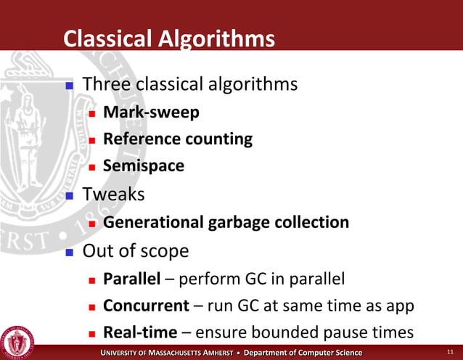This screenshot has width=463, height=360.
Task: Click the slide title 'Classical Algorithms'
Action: (x=169, y=38)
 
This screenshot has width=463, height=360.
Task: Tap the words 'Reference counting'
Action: (x=178, y=139)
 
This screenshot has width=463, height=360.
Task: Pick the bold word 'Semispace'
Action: (x=144, y=165)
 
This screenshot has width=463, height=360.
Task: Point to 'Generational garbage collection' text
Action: (x=226, y=222)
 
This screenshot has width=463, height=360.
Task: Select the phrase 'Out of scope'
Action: (x=136, y=250)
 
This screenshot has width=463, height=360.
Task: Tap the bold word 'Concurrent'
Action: (x=145, y=306)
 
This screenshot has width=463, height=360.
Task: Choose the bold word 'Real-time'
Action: (x=140, y=332)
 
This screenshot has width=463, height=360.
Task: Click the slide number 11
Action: (x=450, y=353)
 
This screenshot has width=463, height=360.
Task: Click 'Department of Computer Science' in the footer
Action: (x=303, y=353)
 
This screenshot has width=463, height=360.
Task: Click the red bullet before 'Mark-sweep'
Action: (x=91, y=114)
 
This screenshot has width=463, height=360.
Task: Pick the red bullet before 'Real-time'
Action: (x=91, y=334)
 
